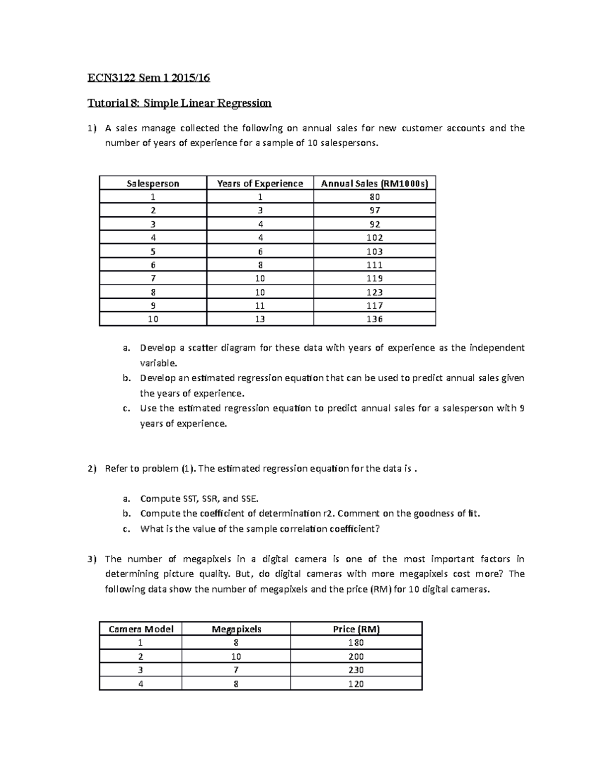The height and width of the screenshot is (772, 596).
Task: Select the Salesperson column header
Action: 153,183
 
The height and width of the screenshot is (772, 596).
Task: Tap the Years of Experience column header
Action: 260,183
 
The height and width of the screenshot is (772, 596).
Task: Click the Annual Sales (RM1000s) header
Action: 374,183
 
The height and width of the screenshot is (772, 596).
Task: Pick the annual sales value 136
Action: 374,319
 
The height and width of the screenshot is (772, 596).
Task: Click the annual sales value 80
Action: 374,197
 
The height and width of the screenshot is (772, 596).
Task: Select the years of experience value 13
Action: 260,319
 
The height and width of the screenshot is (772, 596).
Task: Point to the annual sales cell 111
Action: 374,265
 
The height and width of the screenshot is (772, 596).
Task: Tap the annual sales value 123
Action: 374,292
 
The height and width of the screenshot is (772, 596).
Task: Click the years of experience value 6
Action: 260,252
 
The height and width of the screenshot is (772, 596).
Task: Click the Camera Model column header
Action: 141,629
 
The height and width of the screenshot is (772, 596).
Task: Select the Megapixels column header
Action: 236,629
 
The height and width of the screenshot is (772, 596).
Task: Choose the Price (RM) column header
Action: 356,629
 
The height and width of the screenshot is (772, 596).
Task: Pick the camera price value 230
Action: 356,670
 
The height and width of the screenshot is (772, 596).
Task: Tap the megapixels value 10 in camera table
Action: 236,657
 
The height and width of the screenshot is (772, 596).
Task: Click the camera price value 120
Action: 356,684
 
